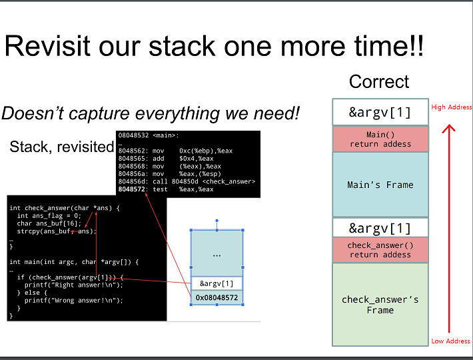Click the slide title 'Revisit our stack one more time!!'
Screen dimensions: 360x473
(214, 47)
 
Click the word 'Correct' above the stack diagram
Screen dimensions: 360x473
(379, 82)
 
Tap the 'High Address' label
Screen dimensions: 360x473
(452, 107)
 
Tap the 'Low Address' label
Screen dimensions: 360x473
(450, 341)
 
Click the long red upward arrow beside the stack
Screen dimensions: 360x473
(450, 227)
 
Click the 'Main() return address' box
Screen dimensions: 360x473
(380, 139)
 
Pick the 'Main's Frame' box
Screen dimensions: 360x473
(380, 185)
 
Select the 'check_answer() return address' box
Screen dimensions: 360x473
(380, 250)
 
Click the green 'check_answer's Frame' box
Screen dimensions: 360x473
(380, 305)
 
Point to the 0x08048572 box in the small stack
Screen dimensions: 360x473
(217, 297)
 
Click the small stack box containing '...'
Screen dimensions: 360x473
(217, 254)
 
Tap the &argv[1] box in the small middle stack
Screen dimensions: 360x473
(217, 283)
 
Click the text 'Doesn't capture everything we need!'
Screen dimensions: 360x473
(151, 113)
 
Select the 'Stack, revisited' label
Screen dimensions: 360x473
(62, 147)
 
